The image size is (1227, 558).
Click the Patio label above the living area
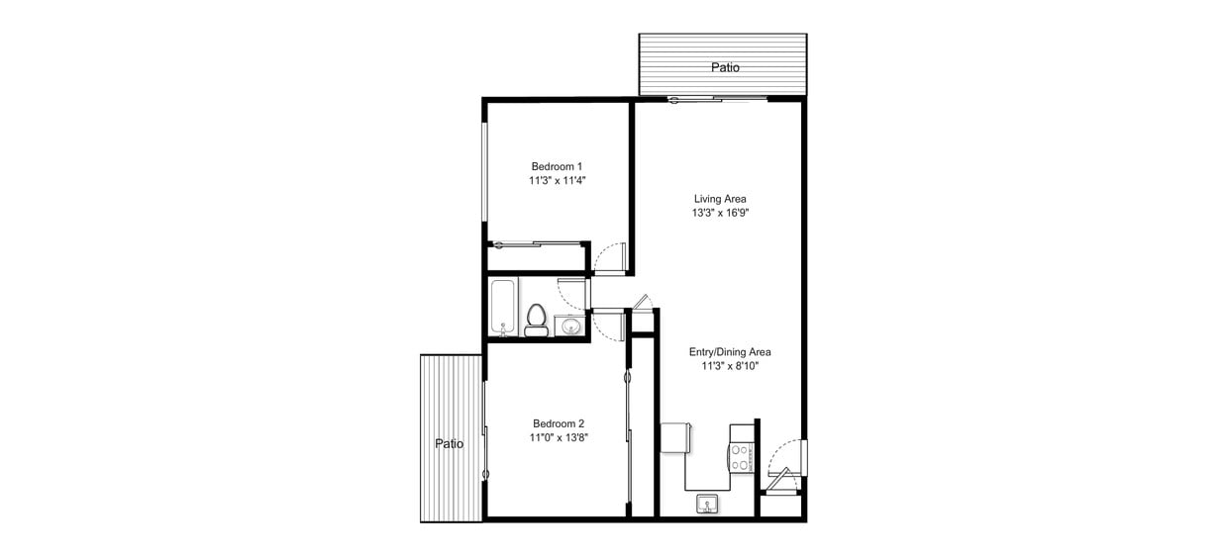pyautogui.click(x=725, y=68)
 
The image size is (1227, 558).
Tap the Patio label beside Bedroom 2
pyautogui.click(x=450, y=444)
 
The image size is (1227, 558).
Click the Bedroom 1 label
pyautogui.click(x=557, y=166)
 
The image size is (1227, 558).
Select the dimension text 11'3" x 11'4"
pyautogui.click(x=557, y=181)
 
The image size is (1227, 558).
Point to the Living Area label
pyautogui.click(x=720, y=199)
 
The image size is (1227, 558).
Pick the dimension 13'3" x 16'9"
pyautogui.click(x=720, y=213)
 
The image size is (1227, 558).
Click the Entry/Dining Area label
pyautogui.click(x=730, y=351)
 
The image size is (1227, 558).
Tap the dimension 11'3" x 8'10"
pyautogui.click(x=730, y=366)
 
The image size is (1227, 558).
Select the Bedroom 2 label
pyautogui.click(x=559, y=422)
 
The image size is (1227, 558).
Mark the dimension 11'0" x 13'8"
pyautogui.click(x=559, y=437)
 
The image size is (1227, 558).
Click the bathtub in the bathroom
pyautogui.click(x=503, y=307)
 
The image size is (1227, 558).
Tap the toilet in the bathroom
pyautogui.click(x=536, y=319)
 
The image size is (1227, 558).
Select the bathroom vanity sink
pyautogui.click(x=568, y=325)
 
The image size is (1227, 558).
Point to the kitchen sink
pyautogui.click(x=707, y=505)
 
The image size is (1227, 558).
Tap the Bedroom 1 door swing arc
pyautogui.click(x=608, y=259)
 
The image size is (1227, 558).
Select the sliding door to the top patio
pyautogui.click(x=718, y=98)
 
